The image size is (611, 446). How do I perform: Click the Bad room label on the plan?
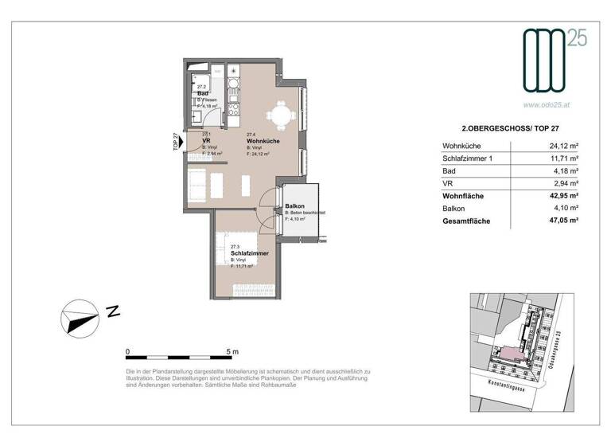pyautogui.click(x=203, y=93)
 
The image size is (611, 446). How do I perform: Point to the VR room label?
pyautogui.click(x=205, y=141)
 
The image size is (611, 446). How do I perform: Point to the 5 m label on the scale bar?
pyautogui.click(x=232, y=351)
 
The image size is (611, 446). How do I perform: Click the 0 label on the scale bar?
pyautogui.click(x=127, y=351)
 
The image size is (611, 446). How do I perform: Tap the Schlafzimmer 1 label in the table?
pyautogui.click(x=473, y=158)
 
